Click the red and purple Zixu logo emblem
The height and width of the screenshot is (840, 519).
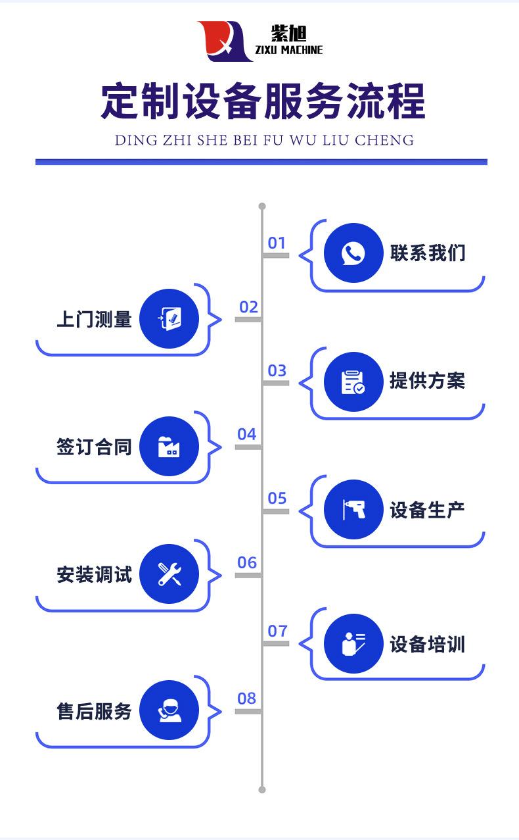(224, 41)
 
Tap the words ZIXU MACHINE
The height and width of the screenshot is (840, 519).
(289, 50)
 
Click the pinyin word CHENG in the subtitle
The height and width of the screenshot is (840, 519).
(384, 140)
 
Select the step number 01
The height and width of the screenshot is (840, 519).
(277, 243)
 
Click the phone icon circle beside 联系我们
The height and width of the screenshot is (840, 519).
(353, 253)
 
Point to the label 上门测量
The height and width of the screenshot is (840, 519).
(94, 319)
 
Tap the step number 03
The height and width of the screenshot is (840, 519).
(277, 370)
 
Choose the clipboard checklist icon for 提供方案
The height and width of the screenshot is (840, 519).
(353, 382)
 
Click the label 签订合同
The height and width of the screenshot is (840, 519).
(94, 447)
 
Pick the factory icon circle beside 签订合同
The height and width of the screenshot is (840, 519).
(169, 446)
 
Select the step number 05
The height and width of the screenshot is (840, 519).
(277, 499)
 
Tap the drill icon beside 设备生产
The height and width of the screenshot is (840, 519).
(353, 510)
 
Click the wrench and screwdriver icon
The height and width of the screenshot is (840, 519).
(169, 574)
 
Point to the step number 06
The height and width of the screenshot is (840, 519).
(247, 562)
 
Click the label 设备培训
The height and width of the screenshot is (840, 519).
(427, 644)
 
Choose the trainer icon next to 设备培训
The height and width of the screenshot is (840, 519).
(353, 644)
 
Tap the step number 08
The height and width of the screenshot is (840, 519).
(247, 699)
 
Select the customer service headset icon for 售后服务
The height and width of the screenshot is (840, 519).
(169, 710)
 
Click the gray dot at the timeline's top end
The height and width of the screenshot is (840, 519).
(262, 207)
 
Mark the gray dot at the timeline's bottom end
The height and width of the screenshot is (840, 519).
(262, 790)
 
